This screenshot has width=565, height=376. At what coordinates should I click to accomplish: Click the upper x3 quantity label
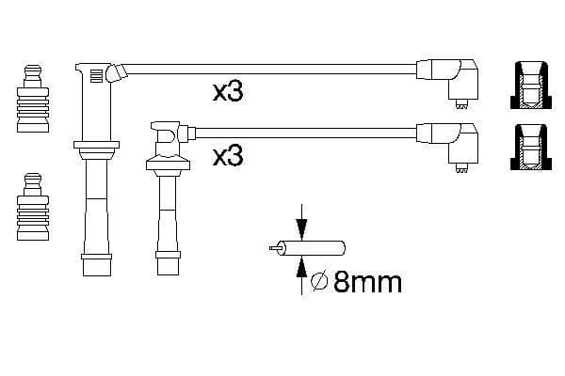tap(228, 92)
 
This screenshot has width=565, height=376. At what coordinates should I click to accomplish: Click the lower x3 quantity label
tap(228, 155)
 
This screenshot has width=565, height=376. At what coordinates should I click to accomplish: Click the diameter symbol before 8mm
tap(319, 280)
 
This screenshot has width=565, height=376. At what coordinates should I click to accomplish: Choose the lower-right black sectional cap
tap(531, 148)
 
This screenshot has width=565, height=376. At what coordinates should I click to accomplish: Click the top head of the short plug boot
tap(166, 137)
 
